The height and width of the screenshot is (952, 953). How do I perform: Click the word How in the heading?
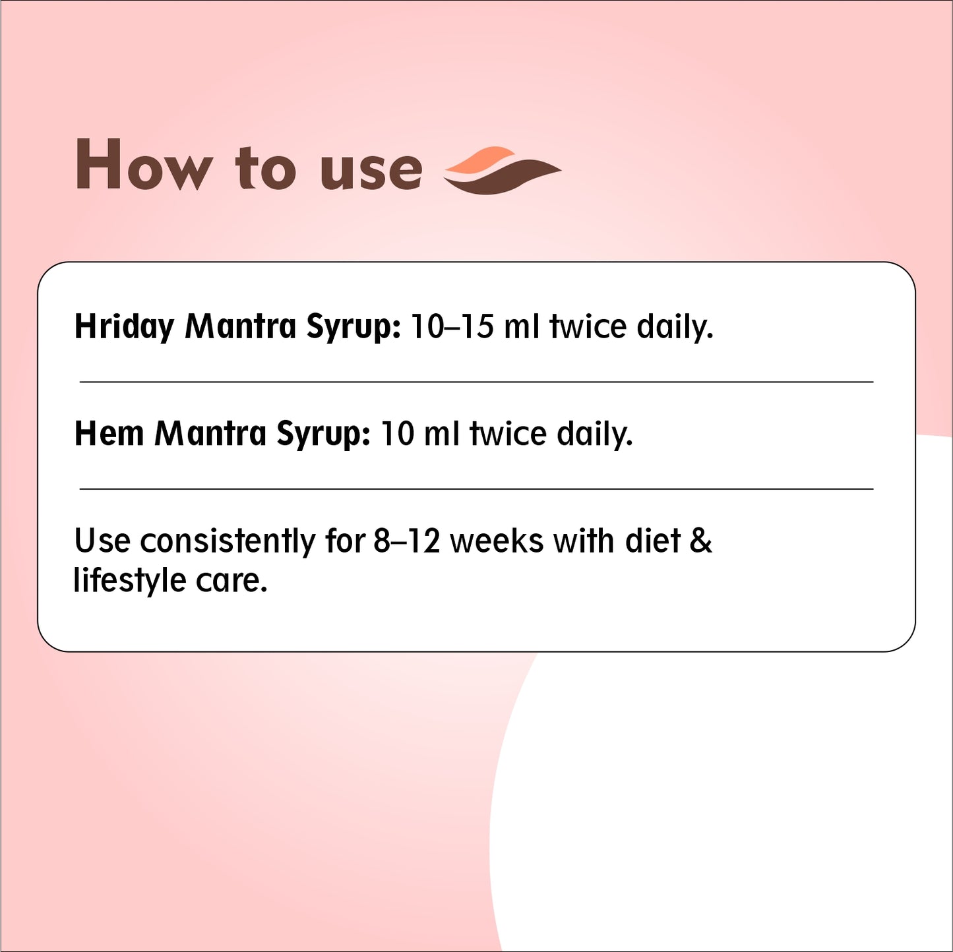143,164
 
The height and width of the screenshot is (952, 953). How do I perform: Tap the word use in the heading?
371,171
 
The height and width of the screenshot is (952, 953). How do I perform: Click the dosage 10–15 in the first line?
452,327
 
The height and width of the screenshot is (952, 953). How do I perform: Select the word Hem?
109,433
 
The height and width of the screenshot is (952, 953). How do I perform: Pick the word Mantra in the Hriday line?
240,327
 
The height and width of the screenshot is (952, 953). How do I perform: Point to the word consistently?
228,541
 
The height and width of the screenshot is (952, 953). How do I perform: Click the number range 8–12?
406,541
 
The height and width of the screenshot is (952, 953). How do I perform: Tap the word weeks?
497,541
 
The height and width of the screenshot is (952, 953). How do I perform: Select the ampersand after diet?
701,541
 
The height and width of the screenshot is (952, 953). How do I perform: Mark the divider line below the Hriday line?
476,382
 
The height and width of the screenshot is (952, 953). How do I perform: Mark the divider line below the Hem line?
476,489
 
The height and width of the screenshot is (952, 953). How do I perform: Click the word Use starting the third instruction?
102,541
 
